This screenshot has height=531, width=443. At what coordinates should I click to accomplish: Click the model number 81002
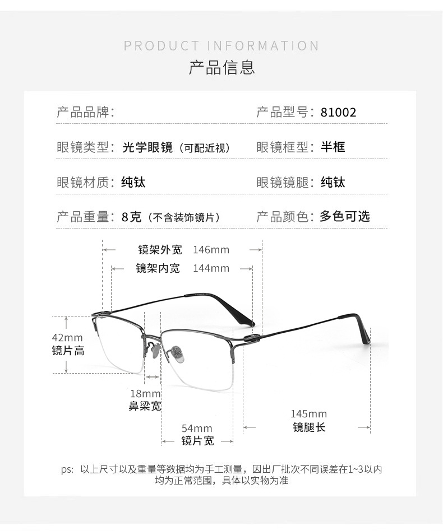click(338, 112)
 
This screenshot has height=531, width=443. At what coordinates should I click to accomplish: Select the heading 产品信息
click(221, 67)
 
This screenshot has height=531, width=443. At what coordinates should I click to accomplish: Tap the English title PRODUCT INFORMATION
click(221, 46)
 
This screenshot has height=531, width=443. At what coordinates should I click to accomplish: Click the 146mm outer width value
click(211, 250)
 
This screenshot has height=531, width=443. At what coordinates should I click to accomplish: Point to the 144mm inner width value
click(211, 268)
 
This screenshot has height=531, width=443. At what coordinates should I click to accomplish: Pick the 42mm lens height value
click(67, 338)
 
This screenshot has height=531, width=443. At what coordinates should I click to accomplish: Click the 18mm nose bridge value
click(145, 393)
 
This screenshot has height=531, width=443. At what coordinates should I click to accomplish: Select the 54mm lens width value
click(197, 428)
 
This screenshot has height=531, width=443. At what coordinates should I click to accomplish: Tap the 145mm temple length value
click(308, 414)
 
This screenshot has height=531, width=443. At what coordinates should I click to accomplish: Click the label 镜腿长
click(309, 427)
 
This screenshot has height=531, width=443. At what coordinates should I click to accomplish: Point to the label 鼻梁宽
click(145, 406)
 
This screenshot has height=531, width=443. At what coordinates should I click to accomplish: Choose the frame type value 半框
click(333, 147)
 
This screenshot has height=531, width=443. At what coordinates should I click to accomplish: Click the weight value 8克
click(132, 217)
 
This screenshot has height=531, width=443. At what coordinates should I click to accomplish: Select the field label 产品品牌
click(84, 112)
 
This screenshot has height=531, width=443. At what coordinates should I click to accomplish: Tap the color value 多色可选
click(345, 217)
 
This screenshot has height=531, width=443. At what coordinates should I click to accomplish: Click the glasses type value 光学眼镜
click(147, 147)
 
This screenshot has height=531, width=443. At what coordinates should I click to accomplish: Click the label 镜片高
click(68, 351)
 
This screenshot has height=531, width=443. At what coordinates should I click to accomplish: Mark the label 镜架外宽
click(160, 250)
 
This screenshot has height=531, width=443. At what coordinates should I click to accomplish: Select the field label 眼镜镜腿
click(284, 182)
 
